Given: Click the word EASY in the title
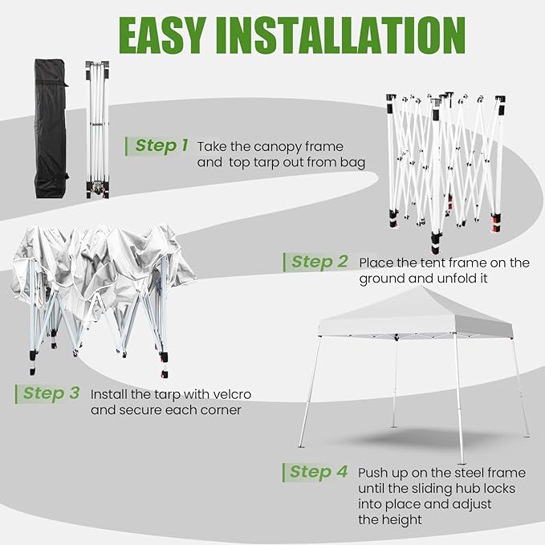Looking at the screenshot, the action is pos(161,36).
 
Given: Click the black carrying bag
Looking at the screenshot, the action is pos(51,128).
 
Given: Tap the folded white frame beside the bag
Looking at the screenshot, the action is pos(98,129).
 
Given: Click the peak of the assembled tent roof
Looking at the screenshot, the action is pos(421,287).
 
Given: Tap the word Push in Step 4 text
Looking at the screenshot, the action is pos(373,473).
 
